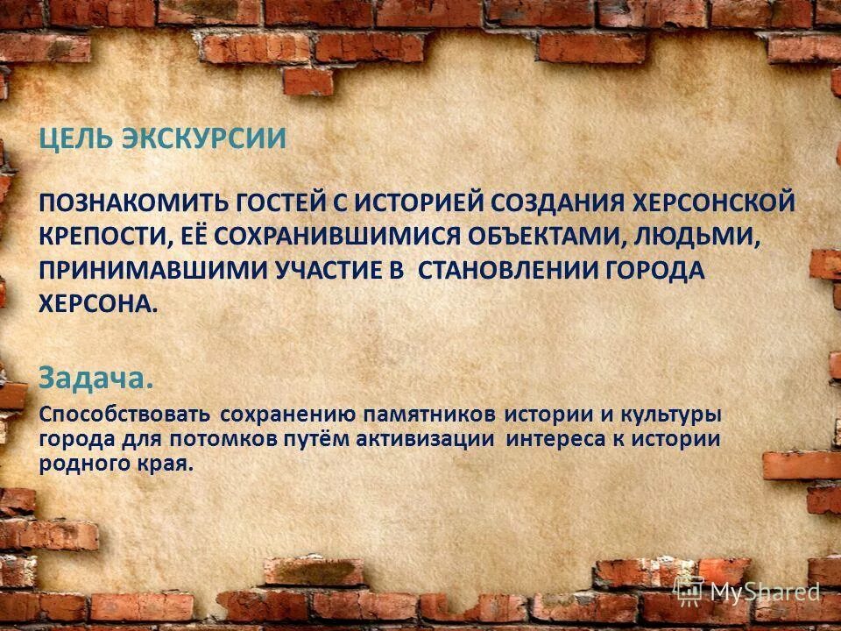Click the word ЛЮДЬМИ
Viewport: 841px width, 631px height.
click(x=691, y=237)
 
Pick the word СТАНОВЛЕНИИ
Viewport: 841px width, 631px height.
click(x=506, y=270)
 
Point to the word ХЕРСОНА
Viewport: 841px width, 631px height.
click(x=98, y=303)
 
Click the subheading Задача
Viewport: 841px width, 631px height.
click(x=96, y=378)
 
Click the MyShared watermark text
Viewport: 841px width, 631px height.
click(x=764, y=593)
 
